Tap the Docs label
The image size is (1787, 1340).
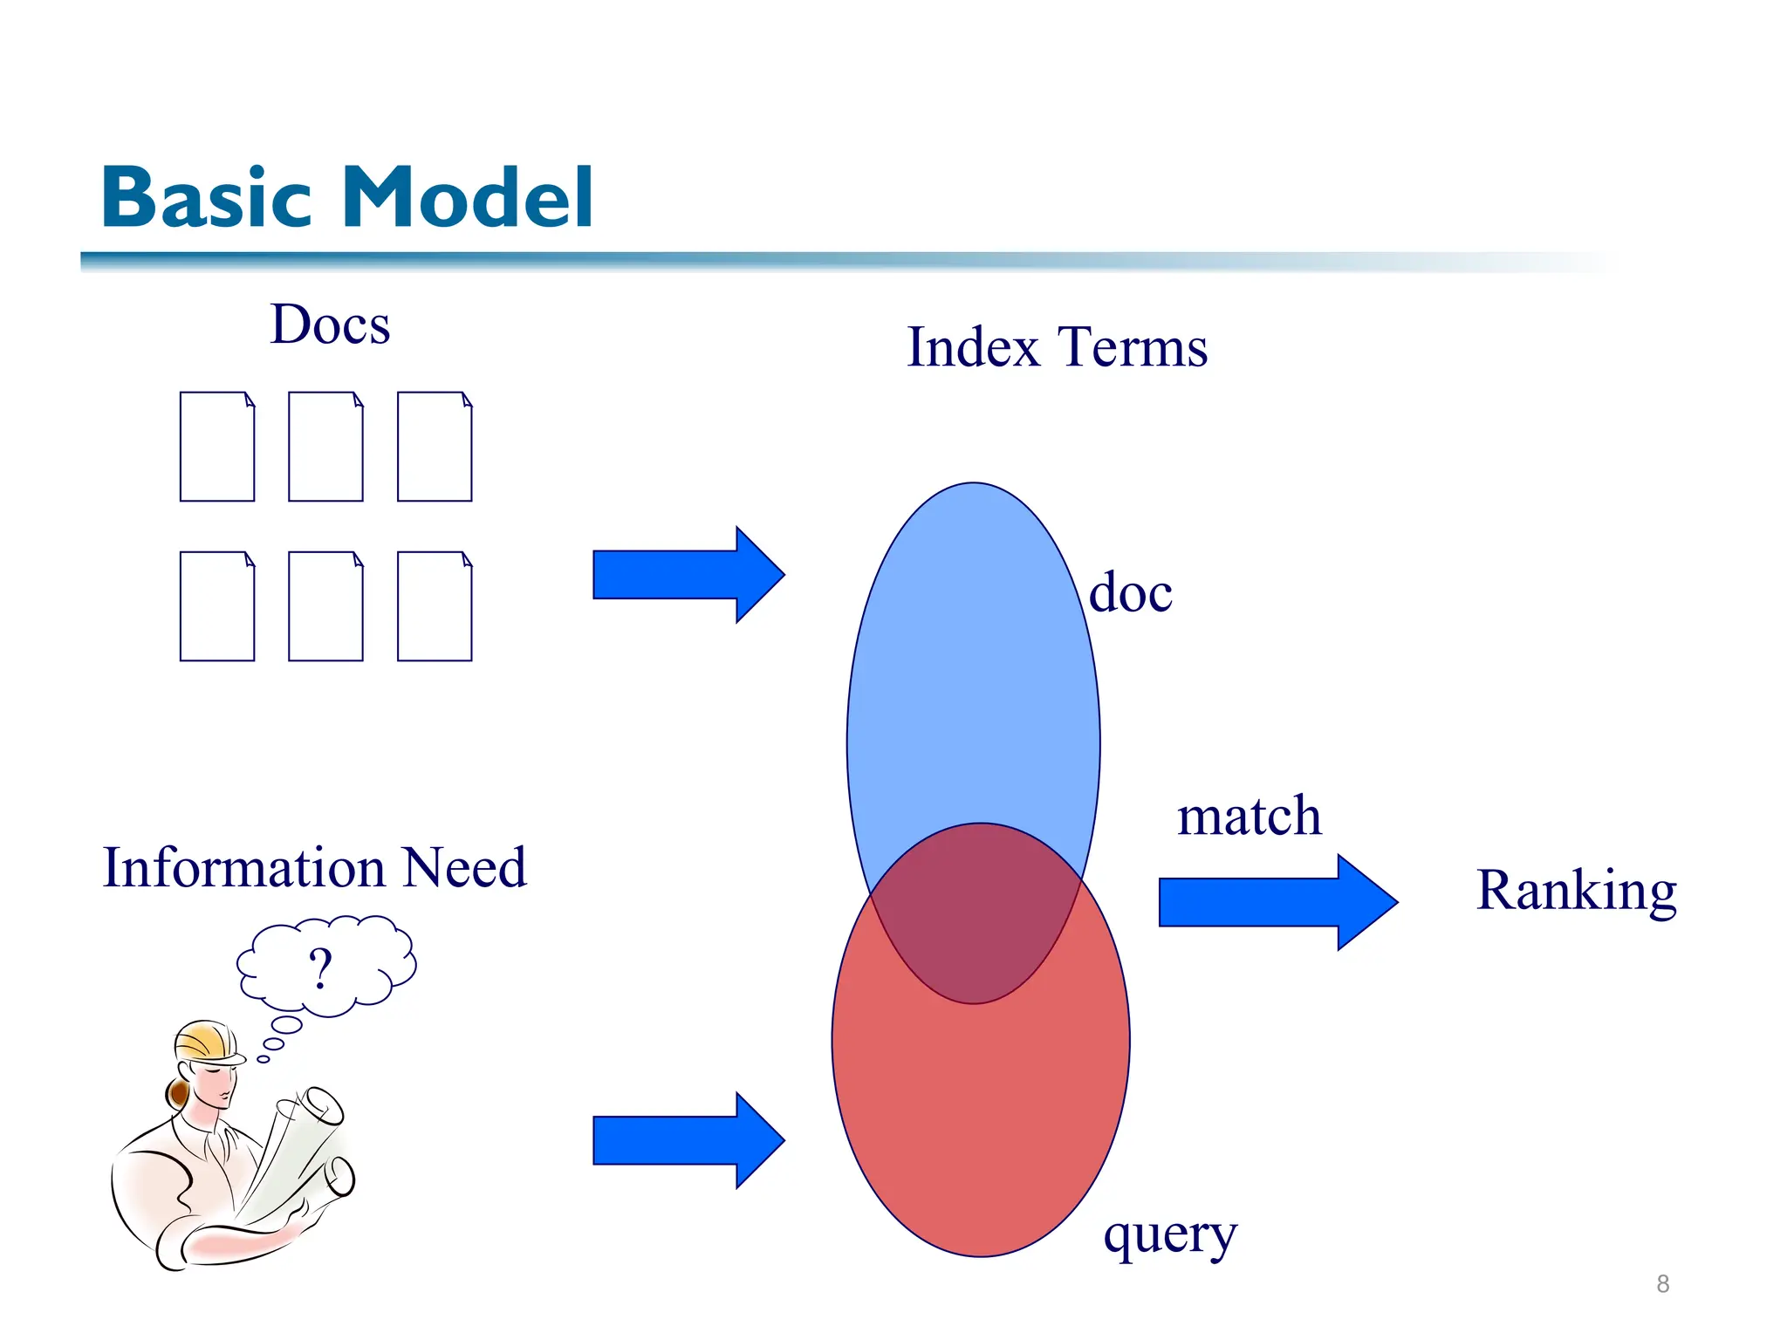pyautogui.click(x=330, y=325)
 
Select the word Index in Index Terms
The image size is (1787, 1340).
pyautogui.click(x=973, y=347)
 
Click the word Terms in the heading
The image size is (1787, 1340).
pyautogui.click(x=1133, y=347)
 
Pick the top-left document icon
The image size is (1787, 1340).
pyautogui.click(x=217, y=447)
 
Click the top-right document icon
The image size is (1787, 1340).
pyautogui.click(x=435, y=447)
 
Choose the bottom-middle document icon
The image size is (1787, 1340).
pyautogui.click(x=325, y=606)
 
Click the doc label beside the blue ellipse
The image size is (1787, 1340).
pyautogui.click(x=1131, y=593)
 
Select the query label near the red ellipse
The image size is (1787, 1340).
pyautogui.click(x=1169, y=1234)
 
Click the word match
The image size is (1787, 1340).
pyautogui.click(x=1249, y=817)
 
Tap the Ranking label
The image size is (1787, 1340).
pyautogui.click(x=1576, y=892)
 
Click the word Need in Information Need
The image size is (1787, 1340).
pyautogui.click(x=465, y=868)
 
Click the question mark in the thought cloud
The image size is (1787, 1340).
pyautogui.click(x=320, y=968)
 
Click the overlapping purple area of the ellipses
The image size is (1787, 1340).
pyautogui.click(x=976, y=925)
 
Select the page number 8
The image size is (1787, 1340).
pyautogui.click(x=1662, y=1284)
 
